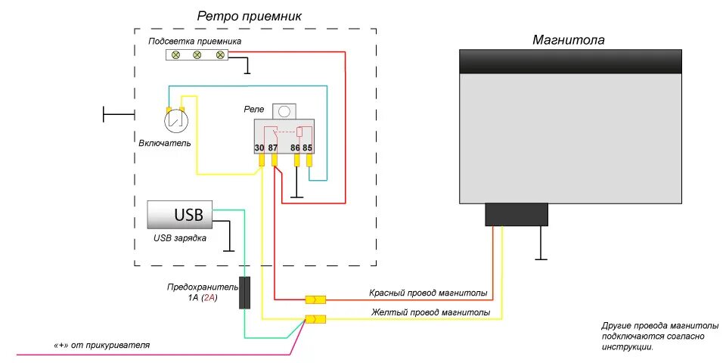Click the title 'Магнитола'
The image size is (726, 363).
[569, 39]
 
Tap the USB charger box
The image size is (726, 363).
[180, 215]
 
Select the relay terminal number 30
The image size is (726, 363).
[260, 148]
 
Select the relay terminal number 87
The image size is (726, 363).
[274, 148]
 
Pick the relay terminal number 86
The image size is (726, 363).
[296, 148]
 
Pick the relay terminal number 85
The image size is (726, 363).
[308, 148]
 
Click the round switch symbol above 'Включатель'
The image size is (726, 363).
[175, 119]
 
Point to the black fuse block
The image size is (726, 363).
[245, 293]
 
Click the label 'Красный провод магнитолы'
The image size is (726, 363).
[428, 293]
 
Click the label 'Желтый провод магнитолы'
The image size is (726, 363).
[430, 312]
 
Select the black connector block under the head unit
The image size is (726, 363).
[516, 215]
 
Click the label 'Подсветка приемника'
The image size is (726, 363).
[194, 41]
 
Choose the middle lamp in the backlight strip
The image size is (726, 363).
[197, 55]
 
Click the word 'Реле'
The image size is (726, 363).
[254, 109]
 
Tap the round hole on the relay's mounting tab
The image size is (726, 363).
[284, 110]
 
